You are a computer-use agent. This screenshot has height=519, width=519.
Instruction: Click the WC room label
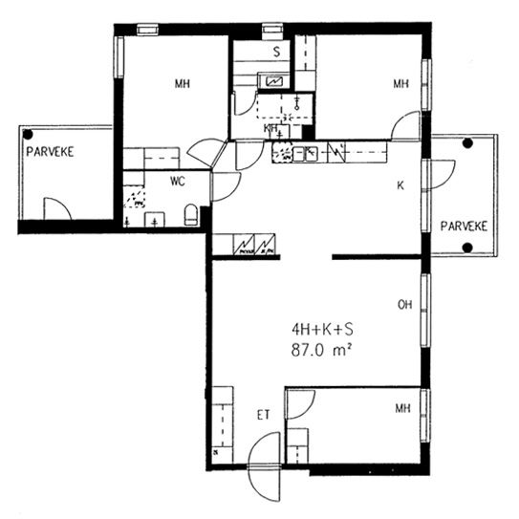[178, 182]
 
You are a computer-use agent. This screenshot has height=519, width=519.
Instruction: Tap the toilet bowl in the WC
[191, 214]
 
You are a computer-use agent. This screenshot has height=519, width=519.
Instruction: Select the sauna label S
[277, 52]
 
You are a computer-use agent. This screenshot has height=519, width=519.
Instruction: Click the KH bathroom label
[270, 128]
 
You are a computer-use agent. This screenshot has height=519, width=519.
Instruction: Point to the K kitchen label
[400, 185]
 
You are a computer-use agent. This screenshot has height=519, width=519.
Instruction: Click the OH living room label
[405, 305]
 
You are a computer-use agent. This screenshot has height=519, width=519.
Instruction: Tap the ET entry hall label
[264, 415]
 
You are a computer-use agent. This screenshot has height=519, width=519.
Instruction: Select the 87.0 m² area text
[321, 351]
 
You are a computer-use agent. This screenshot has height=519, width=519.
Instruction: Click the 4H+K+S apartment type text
[322, 330]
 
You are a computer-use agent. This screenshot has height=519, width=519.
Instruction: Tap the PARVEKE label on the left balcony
[50, 152]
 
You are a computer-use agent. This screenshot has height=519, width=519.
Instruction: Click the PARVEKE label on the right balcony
[465, 227]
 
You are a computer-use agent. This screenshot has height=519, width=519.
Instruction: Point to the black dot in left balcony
[28, 135]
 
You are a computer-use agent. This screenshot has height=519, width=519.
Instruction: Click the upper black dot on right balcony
[467, 143]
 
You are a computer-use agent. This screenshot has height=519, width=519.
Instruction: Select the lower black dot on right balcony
[467, 248]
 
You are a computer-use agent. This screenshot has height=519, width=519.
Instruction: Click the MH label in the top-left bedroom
[183, 84]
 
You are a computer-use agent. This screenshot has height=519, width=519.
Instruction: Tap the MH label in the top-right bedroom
[400, 84]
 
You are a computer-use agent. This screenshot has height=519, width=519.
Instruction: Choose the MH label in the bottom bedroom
[402, 408]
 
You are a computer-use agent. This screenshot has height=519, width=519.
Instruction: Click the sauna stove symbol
[274, 81]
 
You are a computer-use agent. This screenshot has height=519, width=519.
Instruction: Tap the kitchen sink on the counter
[306, 154]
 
